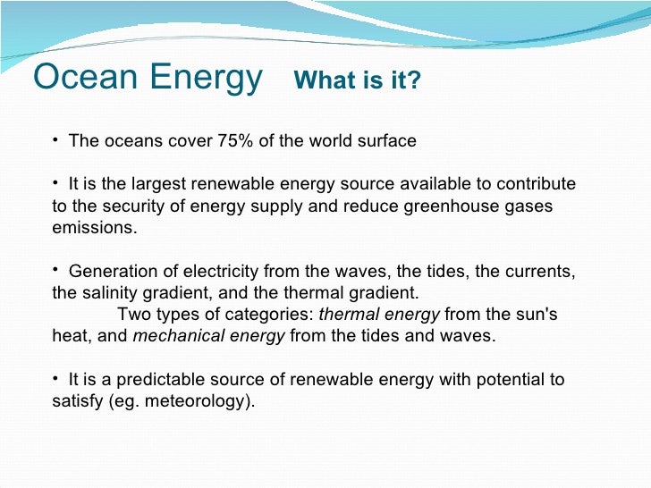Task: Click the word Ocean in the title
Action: click(x=79, y=79)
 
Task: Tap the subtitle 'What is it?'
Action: click(x=357, y=81)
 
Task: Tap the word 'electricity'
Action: click(x=223, y=272)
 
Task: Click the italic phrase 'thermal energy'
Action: click(x=379, y=315)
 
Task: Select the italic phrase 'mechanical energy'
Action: click(x=209, y=336)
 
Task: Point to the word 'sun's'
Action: click(x=536, y=315)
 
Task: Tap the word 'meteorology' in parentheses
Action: click(x=201, y=401)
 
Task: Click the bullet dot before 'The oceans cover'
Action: click(x=55, y=139)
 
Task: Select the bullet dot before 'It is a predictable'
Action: click(x=55, y=377)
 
